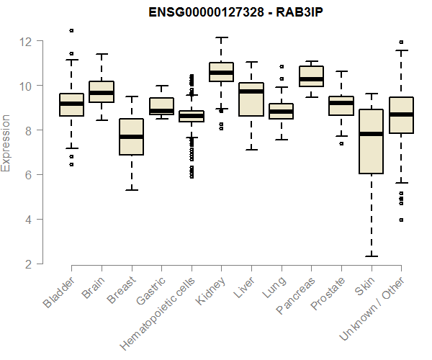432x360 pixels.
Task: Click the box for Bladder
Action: [71, 104]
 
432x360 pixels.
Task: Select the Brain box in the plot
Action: [102, 92]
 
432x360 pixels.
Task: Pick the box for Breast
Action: [131, 137]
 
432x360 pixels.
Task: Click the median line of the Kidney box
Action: [221, 73]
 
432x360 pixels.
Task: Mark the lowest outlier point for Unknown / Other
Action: [401, 220]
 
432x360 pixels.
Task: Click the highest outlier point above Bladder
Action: [71, 30]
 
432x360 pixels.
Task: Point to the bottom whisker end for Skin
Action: [371, 256]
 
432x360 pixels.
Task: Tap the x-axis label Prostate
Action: [328, 296]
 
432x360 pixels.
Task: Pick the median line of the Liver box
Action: [251, 91]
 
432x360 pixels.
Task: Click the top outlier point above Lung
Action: [282, 66]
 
